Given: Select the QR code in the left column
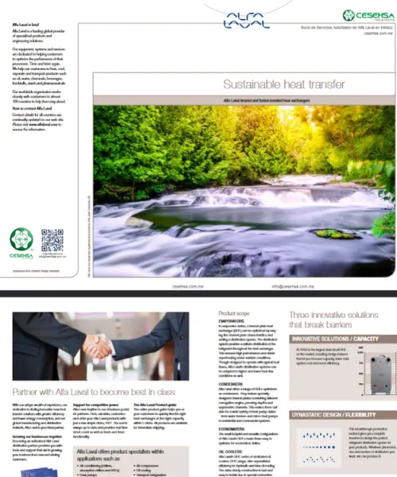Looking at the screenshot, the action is coord(52,239).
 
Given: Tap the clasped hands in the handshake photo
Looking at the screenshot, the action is coord(101,345).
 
